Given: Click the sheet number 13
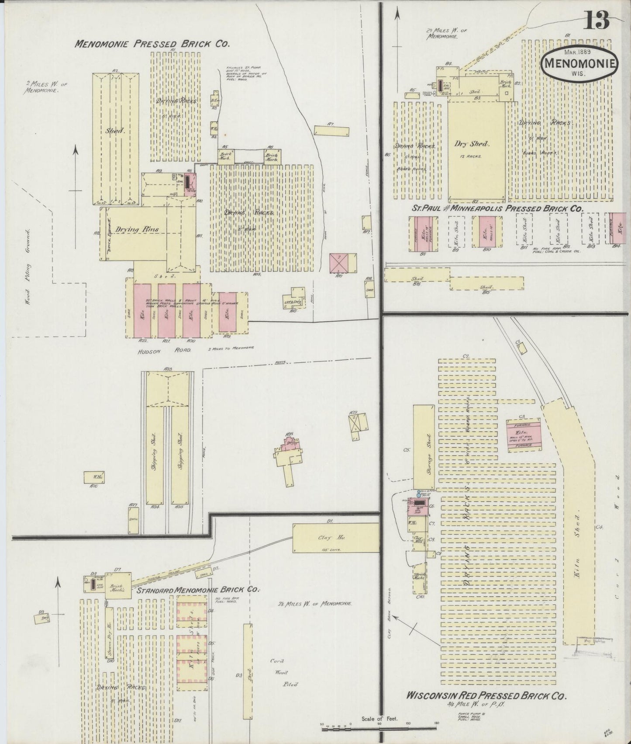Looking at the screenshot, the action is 597,21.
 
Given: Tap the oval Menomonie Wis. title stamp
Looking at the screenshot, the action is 579,64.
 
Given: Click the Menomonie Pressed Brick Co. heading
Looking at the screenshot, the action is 152,44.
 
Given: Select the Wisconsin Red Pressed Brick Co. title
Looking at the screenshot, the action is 486,695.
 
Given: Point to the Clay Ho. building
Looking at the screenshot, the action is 335,538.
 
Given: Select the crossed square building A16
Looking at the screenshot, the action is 339,263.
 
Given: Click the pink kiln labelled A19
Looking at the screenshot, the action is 228,312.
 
